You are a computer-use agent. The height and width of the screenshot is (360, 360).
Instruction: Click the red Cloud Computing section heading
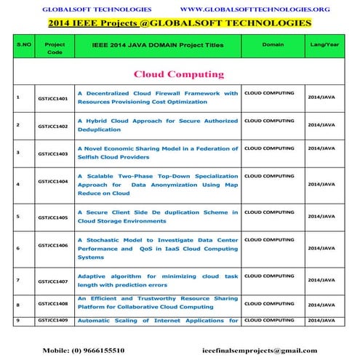click(x=177, y=74)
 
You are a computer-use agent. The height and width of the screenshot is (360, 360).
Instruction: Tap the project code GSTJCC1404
click(x=53, y=181)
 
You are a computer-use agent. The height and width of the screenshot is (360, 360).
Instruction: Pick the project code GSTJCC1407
click(x=53, y=281)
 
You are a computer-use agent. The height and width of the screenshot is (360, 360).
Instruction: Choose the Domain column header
click(x=273, y=44)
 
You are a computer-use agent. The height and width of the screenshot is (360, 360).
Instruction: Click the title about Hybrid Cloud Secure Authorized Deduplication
click(x=158, y=124)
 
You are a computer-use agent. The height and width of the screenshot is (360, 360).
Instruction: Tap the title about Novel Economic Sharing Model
click(x=158, y=153)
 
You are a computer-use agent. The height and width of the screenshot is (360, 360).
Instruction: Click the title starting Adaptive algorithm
click(x=158, y=281)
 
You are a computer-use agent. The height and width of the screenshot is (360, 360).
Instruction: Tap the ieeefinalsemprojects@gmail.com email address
click(x=260, y=350)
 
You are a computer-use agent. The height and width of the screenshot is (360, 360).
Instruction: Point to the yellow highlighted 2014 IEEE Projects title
click(x=179, y=23)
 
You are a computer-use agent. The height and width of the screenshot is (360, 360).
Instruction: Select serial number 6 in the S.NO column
click(x=17, y=248)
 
